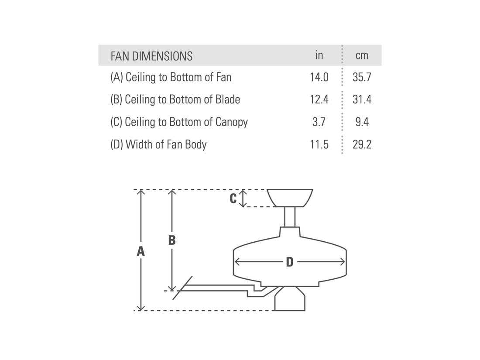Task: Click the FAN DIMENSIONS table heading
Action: [151, 56]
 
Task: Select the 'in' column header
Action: [319, 55]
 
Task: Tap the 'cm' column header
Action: [362, 55]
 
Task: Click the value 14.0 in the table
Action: [319, 78]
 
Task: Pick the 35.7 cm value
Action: [362, 78]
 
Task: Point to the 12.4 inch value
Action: [319, 99]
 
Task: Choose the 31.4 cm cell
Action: [362, 99]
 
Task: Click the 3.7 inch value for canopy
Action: [319, 122]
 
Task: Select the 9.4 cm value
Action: [362, 122]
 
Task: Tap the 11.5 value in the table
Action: [319, 144]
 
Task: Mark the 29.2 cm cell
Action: [362, 144]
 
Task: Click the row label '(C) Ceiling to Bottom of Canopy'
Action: [179, 122]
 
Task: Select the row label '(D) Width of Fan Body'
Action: [158, 144]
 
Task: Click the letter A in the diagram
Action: [141, 251]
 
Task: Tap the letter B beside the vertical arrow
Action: [172, 240]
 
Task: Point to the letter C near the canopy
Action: [233, 199]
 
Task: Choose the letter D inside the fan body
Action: [289, 262]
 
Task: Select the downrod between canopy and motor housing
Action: [290, 217]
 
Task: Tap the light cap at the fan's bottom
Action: [290, 301]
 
